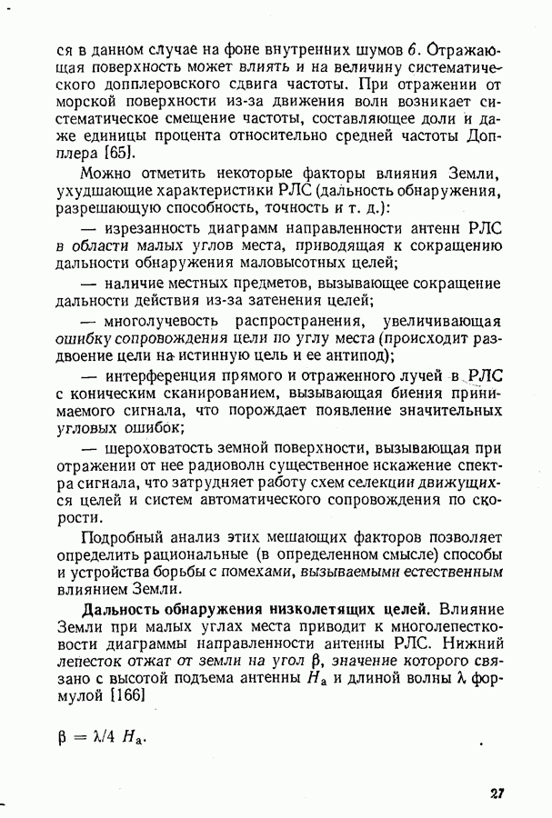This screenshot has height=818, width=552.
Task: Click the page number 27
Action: pos(497,793)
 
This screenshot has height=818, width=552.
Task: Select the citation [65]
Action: pos(119,154)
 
